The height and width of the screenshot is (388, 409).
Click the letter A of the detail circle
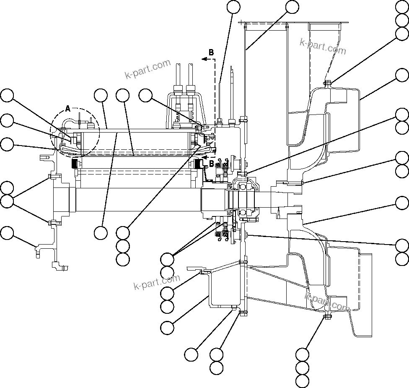[68, 109]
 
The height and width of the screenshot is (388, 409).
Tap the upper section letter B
[211, 52]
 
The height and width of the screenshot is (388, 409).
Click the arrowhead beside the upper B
[204, 60]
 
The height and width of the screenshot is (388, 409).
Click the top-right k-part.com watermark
[323, 47]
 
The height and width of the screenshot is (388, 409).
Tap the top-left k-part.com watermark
[148, 69]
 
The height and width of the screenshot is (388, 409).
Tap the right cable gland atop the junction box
[191, 90]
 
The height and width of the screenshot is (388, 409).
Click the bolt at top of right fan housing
[327, 83]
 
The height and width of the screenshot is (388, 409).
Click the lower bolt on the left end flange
[49, 222]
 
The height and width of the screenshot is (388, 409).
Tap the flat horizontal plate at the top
[293, 22]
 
